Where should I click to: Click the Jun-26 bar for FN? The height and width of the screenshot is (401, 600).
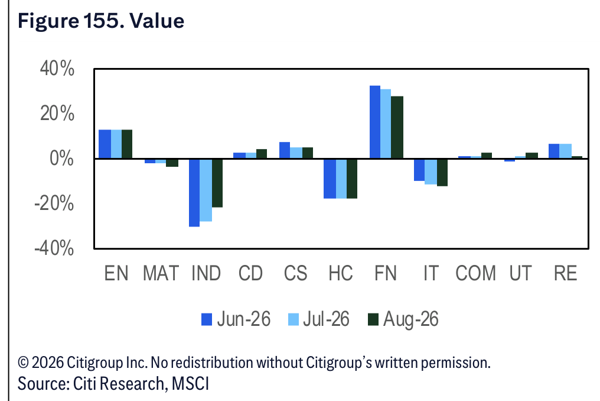[x=375, y=122]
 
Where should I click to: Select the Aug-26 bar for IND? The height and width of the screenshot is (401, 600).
[x=217, y=183]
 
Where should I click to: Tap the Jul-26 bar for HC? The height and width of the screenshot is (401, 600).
[x=341, y=179]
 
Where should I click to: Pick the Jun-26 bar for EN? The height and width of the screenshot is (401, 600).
[x=105, y=144]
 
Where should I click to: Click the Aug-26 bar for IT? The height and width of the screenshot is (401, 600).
[x=442, y=173]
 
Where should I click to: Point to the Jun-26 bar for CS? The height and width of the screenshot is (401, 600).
[x=285, y=150]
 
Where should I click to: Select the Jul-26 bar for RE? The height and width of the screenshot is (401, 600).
[x=566, y=151]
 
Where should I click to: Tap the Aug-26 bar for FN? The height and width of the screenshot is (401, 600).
[x=397, y=127]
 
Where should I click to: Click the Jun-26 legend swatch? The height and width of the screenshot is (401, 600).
[x=207, y=320]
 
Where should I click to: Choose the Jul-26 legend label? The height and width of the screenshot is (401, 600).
[x=326, y=319]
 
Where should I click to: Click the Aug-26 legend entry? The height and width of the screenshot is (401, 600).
[x=403, y=319]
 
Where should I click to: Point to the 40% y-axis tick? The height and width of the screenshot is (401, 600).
[x=57, y=69]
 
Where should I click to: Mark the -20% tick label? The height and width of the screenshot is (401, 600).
[x=54, y=203]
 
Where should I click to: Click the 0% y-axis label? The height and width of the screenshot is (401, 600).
[x=62, y=159]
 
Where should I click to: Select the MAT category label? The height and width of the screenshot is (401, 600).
[x=161, y=274]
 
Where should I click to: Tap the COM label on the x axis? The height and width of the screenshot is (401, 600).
[x=475, y=274]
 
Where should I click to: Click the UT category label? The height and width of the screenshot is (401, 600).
[x=520, y=274]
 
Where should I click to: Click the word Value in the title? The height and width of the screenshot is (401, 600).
[x=157, y=21]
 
